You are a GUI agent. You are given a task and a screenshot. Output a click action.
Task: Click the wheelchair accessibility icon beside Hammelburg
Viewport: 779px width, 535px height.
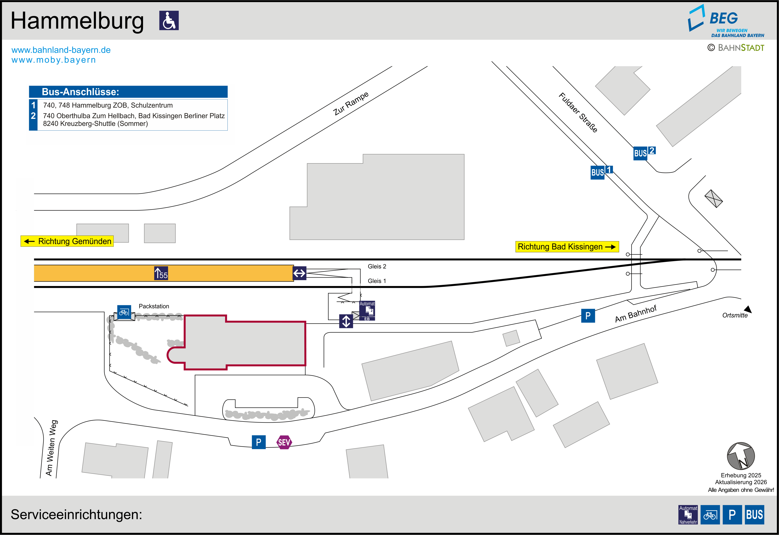click(x=169, y=20)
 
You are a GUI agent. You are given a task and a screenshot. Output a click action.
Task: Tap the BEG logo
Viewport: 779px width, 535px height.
click(x=726, y=21)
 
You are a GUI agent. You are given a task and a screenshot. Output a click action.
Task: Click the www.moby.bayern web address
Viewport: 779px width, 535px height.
click(x=54, y=60)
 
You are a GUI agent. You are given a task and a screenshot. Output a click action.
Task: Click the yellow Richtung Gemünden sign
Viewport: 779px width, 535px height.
click(x=67, y=241)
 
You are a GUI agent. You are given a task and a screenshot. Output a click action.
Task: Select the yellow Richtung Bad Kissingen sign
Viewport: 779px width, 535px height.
click(x=567, y=247)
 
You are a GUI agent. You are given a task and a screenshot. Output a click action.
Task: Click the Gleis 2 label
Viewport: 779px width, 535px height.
click(x=377, y=267)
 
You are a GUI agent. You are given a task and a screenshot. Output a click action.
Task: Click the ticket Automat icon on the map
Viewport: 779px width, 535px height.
click(x=367, y=311)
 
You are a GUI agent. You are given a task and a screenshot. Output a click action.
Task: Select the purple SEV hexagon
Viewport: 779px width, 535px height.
click(x=284, y=442)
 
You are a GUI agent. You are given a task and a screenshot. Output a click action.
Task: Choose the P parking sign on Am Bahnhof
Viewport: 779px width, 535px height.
click(x=588, y=316)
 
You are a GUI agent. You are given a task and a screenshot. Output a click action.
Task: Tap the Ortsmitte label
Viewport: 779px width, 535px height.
click(x=735, y=315)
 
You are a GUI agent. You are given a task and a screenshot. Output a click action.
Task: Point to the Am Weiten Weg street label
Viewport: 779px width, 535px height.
click(x=51, y=448)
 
